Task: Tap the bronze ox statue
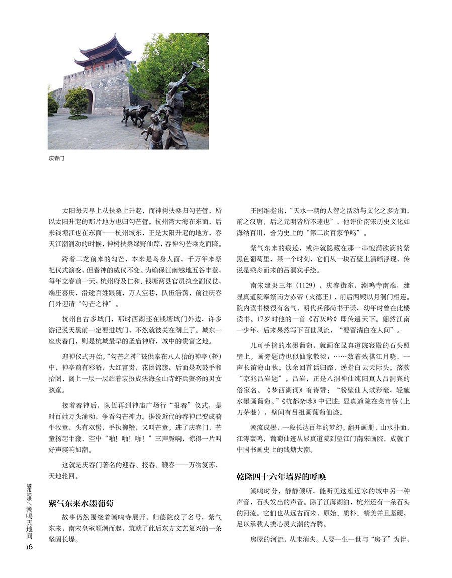[x=136, y=114]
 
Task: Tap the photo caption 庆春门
[x=57, y=158]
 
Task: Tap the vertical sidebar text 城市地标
[x=30, y=491]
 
